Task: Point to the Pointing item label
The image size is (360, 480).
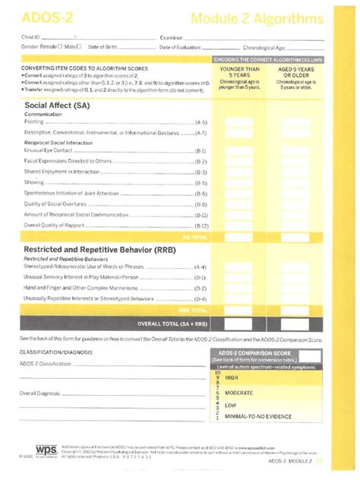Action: pyautogui.click(x=34, y=122)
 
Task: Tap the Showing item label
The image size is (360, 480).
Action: pyautogui.click(x=34, y=182)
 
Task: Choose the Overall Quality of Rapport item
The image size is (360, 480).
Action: pyautogui.click(x=61, y=226)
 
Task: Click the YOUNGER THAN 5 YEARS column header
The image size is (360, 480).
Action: pyautogui.click(x=239, y=72)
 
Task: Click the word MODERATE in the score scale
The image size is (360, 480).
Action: pyautogui.click(x=240, y=393)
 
